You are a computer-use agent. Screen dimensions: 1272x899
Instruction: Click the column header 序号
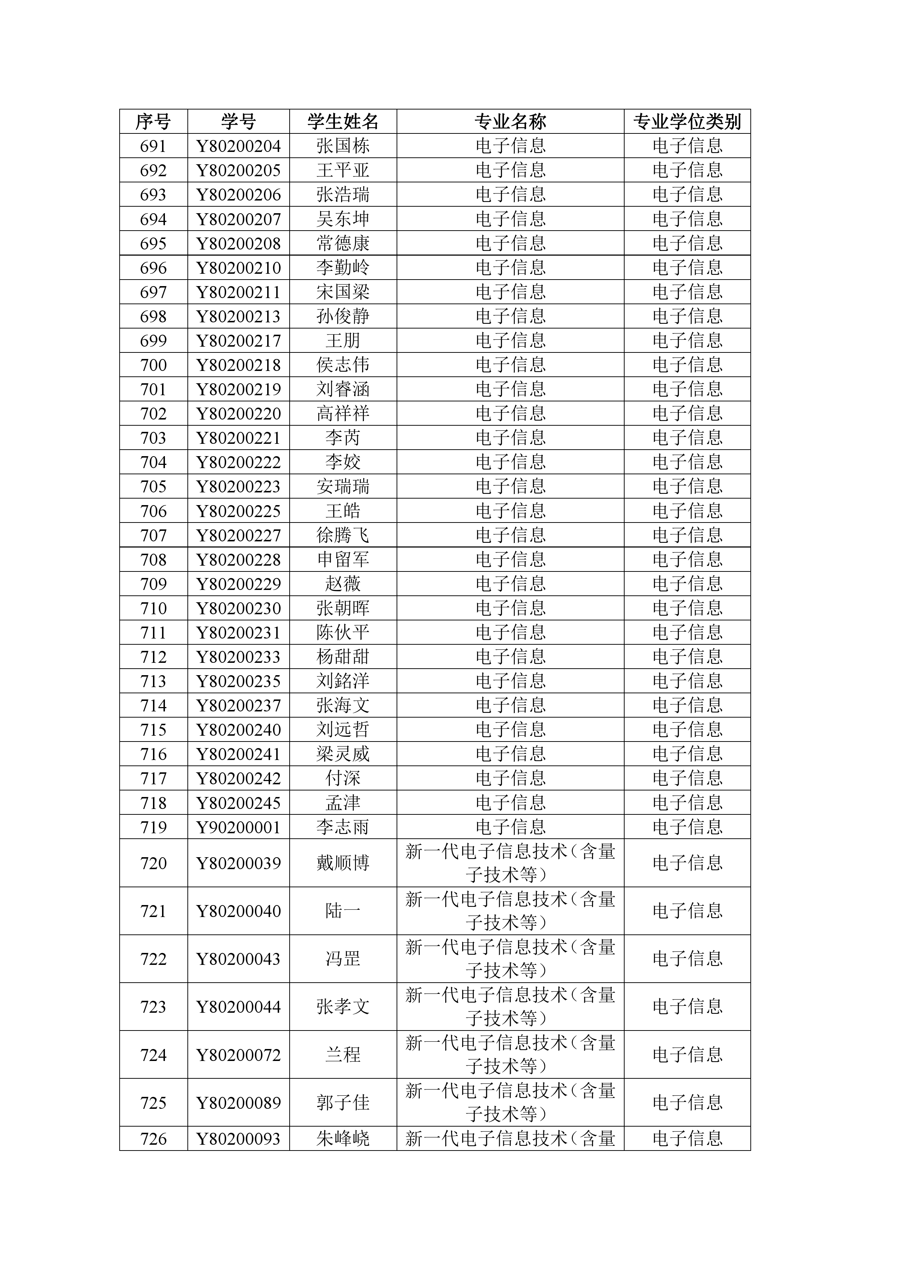[x=153, y=121]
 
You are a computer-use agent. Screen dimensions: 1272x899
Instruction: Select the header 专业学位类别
[x=687, y=121]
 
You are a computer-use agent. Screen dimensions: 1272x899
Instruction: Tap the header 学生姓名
[x=343, y=121]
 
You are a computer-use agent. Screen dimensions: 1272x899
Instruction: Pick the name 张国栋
[x=343, y=146]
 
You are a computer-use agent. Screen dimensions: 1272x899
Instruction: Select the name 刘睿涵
[x=343, y=389]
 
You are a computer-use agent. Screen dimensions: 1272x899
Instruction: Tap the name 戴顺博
[x=343, y=863]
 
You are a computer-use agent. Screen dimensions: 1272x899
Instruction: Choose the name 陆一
[x=343, y=911]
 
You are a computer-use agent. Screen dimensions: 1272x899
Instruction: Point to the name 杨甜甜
[x=343, y=657]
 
